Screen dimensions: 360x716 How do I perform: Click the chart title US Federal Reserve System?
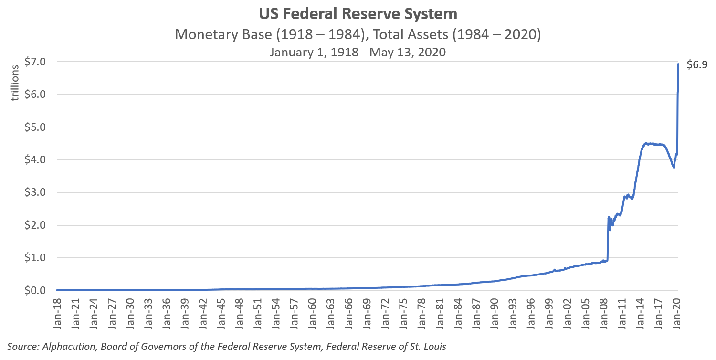coord(358,14)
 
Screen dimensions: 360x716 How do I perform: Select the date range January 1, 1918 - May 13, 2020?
coord(358,52)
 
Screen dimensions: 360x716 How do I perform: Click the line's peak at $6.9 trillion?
coord(678,64)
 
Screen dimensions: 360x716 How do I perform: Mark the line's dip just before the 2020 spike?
coord(674,167)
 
